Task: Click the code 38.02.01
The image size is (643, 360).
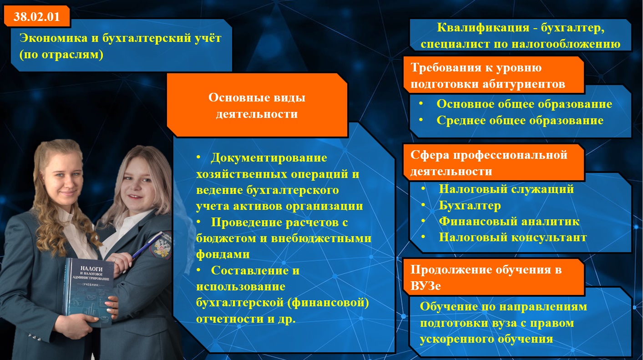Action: point(36,16)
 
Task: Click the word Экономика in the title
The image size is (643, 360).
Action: point(53,38)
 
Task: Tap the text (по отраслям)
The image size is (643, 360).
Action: point(61,55)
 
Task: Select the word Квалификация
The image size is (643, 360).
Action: point(483,28)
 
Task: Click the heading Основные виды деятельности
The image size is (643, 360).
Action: point(257,106)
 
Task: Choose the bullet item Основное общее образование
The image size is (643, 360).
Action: point(524,104)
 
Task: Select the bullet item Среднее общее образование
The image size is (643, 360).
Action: point(520,120)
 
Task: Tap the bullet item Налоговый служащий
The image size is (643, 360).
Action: point(506,189)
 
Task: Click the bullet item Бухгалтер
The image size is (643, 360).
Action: point(470,206)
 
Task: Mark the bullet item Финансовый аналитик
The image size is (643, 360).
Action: point(509,221)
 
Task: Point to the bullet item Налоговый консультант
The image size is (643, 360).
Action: point(513,238)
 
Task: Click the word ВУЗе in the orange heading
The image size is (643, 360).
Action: point(425,286)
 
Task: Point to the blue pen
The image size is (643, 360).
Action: point(147,246)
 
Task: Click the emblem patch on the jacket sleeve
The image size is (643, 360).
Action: point(163,244)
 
